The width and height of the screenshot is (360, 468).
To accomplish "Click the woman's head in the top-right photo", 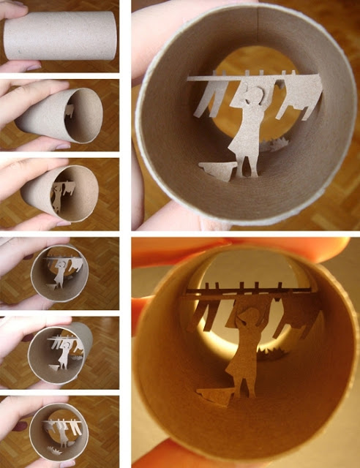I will click(x=255, y=94).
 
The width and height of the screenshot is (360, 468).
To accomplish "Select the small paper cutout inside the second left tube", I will click(x=69, y=110).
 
